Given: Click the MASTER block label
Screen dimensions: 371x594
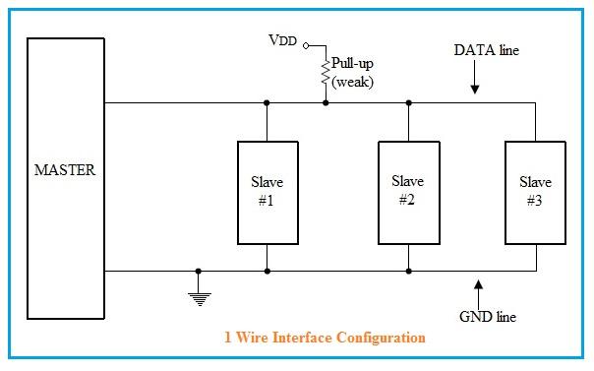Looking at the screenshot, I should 65,170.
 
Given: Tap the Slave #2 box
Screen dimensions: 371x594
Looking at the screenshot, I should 407,192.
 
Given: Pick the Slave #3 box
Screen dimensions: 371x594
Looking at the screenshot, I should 535,192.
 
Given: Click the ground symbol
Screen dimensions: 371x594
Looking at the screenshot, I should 200,296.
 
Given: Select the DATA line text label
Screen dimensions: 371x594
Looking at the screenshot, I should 486,49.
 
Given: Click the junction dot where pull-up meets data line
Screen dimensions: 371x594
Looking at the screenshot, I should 326,101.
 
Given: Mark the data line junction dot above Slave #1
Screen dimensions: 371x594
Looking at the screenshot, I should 267,101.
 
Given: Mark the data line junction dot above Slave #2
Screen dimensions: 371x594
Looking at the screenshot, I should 407,101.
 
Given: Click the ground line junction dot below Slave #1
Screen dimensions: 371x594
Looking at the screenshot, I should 267,271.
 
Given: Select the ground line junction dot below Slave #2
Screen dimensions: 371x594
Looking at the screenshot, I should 408,271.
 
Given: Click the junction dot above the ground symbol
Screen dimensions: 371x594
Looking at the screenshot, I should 200,271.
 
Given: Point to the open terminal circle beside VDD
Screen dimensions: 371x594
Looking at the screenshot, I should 306,45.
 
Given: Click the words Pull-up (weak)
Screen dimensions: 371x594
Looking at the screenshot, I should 351,72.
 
